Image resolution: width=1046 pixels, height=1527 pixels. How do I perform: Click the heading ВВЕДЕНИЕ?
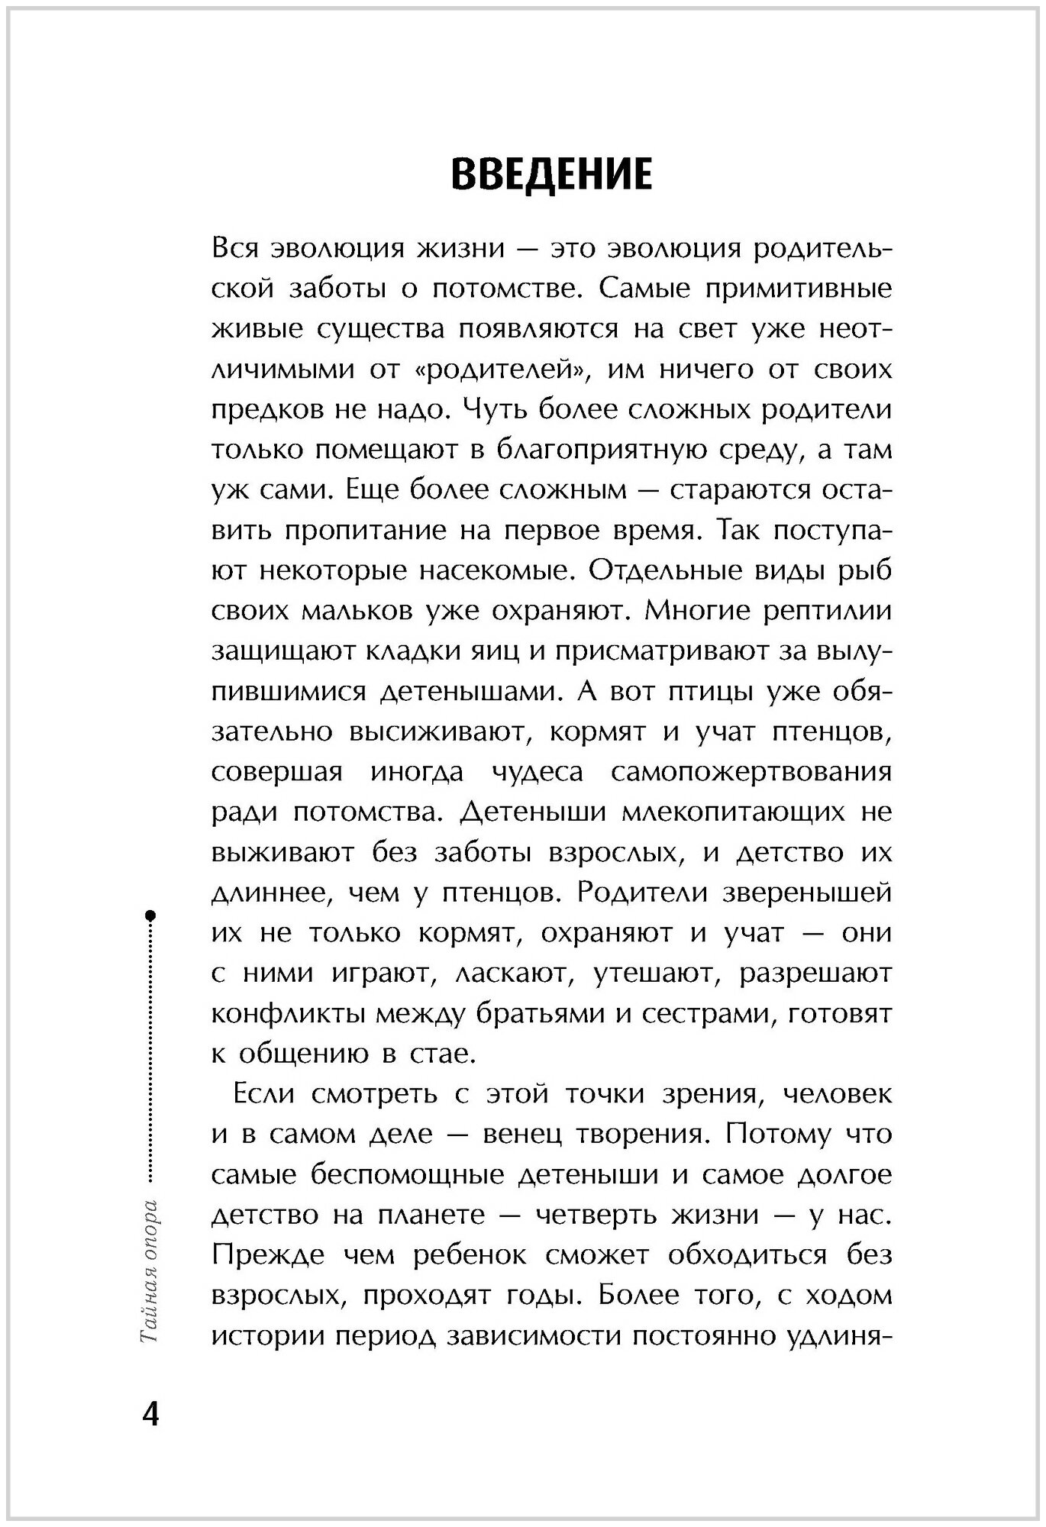pos(551,174)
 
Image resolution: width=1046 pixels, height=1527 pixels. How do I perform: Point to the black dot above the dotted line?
pos(150,914)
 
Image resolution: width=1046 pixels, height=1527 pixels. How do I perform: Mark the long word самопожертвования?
pos(751,772)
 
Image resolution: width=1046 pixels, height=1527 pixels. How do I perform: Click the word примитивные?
pos(794,289)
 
